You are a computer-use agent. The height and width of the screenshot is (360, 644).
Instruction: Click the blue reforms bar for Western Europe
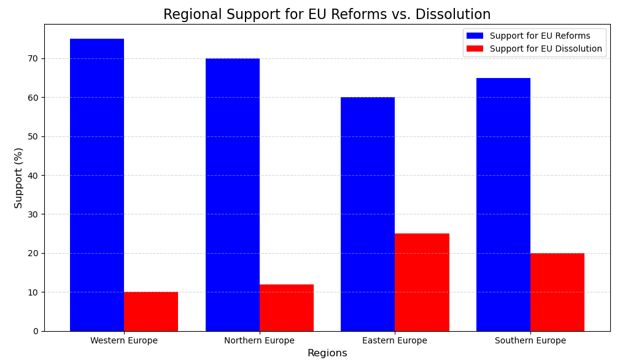coord(97,184)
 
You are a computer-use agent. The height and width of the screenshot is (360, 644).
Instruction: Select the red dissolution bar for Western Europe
coord(151,311)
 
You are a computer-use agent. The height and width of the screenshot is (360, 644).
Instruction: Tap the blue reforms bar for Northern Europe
coord(233,194)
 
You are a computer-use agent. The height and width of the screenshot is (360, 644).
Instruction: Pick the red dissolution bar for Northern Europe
coord(287,308)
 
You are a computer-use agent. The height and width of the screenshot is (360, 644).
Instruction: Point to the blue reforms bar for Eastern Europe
coord(368,214)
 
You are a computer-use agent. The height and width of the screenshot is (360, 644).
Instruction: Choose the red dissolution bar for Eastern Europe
coord(422,282)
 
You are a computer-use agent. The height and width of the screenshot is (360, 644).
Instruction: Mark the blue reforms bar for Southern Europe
coord(503,204)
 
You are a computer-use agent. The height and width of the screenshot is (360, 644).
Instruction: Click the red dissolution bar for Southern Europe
coord(557,292)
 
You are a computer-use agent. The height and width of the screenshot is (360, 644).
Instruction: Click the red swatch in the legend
coord(475,49)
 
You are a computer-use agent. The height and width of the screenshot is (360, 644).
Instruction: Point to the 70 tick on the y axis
coord(32,59)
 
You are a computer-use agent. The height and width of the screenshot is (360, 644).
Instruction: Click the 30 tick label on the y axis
coord(32,214)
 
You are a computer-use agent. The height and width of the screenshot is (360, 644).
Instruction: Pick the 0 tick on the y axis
coord(35,331)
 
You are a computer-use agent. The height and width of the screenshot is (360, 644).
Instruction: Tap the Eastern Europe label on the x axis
coord(395,341)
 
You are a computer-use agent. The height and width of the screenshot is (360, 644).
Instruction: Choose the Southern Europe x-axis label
coord(530,341)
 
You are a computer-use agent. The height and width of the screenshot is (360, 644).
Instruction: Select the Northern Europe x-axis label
coord(259,341)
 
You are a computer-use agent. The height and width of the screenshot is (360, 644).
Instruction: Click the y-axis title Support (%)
coord(18,178)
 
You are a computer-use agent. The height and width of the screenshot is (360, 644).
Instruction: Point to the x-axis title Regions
coord(327,353)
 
